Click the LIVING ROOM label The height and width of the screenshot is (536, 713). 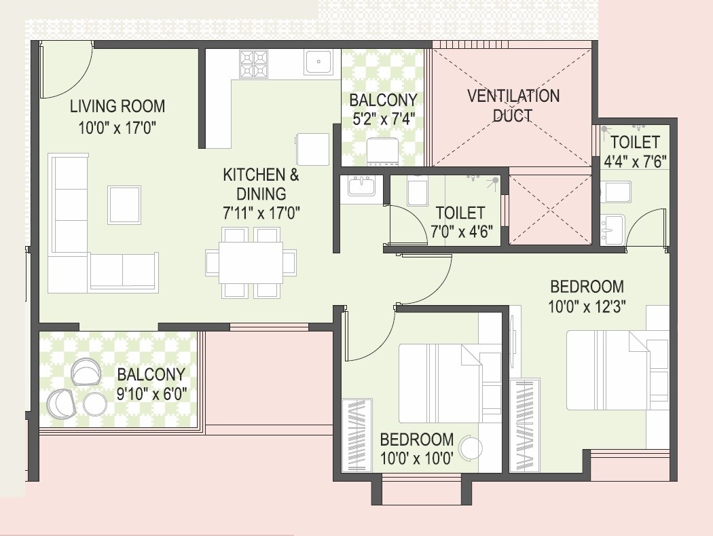pyautogui.click(x=117, y=106)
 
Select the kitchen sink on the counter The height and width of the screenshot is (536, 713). pyautogui.click(x=318, y=63)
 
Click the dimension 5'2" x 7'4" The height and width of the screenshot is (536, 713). pyautogui.click(x=382, y=120)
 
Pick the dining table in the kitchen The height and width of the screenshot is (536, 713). pyautogui.click(x=251, y=262)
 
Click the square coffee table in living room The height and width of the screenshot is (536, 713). pyautogui.click(x=124, y=204)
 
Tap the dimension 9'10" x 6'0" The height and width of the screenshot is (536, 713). pyautogui.click(x=151, y=393)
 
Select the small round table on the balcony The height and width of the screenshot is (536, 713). pyautogui.click(x=94, y=405)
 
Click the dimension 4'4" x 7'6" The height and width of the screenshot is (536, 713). pyautogui.click(x=635, y=162)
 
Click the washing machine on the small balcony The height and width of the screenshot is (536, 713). pyautogui.click(x=382, y=153)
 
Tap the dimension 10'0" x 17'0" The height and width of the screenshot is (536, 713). pyautogui.click(x=117, y=128)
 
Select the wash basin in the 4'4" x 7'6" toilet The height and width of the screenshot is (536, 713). pyautogui.click(x=613, y=228)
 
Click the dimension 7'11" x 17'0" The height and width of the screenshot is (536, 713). pyautogui.click(x=261, y=213)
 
